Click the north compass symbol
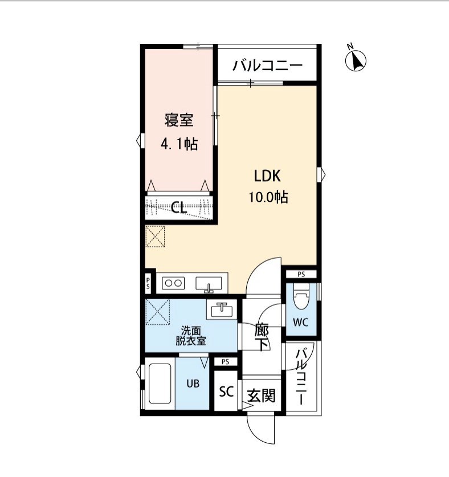[356, 60]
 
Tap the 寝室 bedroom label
[179, 121]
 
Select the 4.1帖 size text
[179, 144]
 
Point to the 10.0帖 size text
[267, 198]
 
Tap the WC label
[301, 322]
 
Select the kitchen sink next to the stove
[209, 283]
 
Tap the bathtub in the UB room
[160, 385]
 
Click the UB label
[194, 384]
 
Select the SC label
[227, 392]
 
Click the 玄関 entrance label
[262, 395]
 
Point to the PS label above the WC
[301, 274]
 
